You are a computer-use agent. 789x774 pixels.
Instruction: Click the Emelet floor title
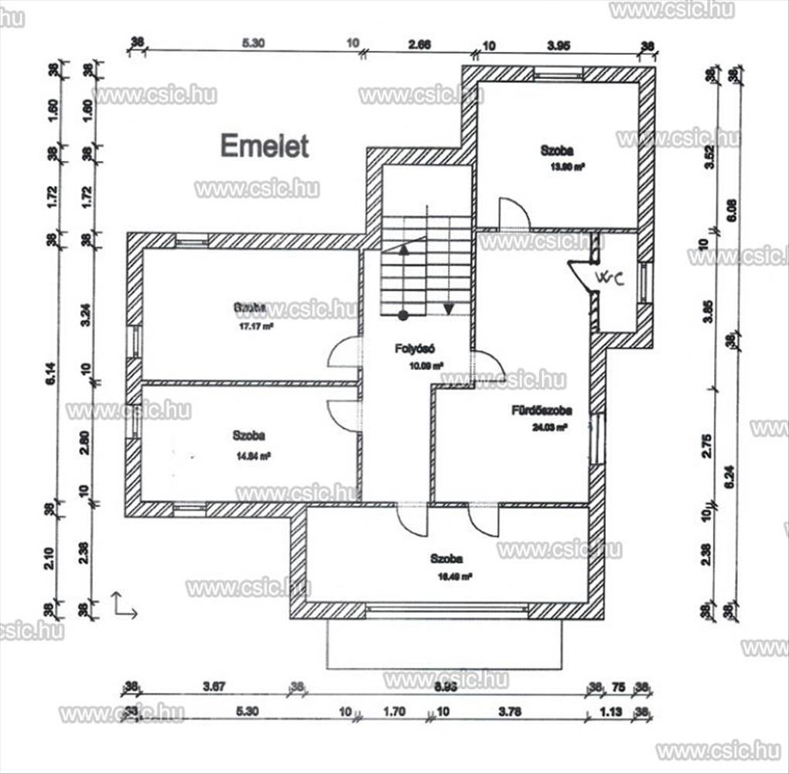point(265,146)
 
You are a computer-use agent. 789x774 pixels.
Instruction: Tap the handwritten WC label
point(609,277)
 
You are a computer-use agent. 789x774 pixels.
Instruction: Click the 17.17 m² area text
point(251,327)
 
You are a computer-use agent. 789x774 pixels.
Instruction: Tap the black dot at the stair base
point(403,315)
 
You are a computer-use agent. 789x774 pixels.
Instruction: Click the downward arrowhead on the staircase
point(448,310)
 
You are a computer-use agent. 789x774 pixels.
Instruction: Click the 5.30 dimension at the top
point(253,43)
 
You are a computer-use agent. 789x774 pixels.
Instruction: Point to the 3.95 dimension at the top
point(558,46)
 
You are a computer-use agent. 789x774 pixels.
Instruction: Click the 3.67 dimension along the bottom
point(213,686)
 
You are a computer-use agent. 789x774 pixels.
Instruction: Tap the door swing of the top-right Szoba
point(513,214)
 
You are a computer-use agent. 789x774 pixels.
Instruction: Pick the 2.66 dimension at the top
point(419,44)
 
